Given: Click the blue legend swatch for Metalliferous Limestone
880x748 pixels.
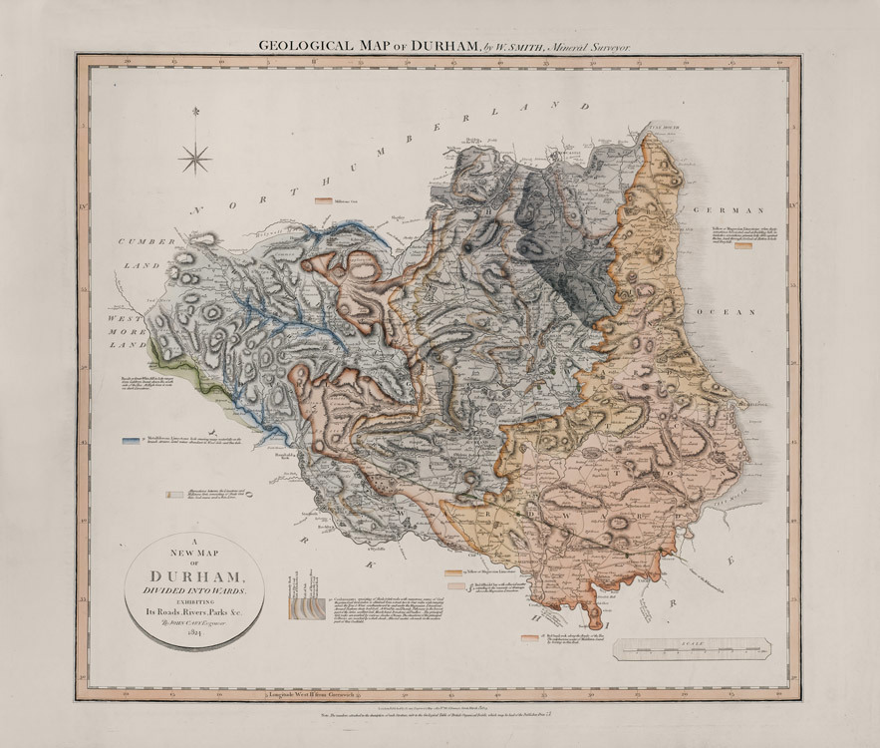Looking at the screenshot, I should [x=130, y=439].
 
